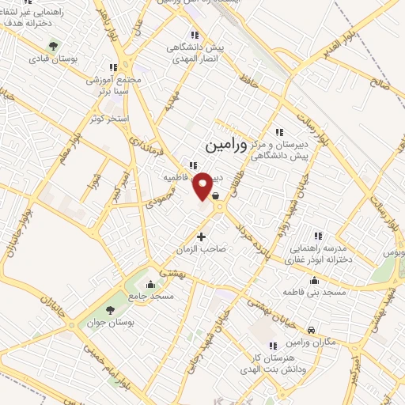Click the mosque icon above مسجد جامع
tap(150, 285)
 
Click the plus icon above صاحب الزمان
tap(201, 237)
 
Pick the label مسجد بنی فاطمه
tap(318, 293)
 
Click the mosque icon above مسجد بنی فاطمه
tap(316, 281)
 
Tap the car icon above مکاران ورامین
tap(311, 329)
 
